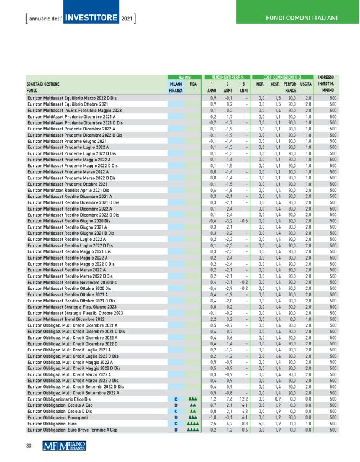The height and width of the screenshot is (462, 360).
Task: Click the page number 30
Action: tap(29, 445)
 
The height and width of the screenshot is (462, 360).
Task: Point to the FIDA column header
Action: tap(193, 83)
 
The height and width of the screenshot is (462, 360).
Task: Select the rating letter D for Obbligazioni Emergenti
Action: tap(176, 418)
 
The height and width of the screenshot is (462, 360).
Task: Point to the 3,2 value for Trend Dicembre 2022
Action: tap(228, 319)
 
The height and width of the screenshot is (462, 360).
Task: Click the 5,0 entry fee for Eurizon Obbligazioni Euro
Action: tap(262, 423)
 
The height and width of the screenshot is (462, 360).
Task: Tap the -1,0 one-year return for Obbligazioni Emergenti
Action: tap(212, 418)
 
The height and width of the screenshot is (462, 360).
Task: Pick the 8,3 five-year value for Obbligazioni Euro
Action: tap(245, 423)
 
